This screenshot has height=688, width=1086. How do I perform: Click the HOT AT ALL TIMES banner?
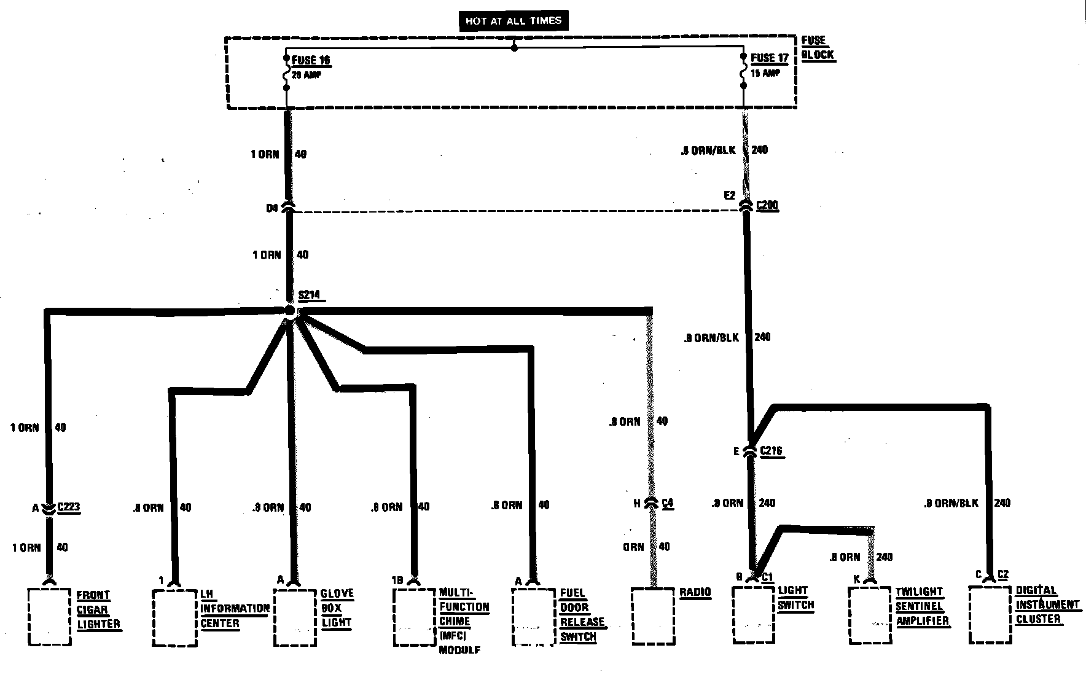tap(513, 21)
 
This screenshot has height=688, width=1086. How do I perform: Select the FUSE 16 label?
tap(311, 60)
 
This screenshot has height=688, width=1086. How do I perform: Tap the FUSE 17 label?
tap(769, 58)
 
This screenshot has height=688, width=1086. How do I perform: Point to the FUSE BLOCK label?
tap(818, 48)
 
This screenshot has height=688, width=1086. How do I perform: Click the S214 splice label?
tap(309, 295)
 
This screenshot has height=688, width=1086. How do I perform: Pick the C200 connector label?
tap(767, 205)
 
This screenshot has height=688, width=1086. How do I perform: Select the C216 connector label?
tap(771, 451)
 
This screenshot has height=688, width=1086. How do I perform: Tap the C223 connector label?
tap(68, 507)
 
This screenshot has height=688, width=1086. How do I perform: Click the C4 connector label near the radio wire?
tap(668, 503)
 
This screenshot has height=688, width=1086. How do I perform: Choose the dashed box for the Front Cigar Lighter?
tap(49, 616)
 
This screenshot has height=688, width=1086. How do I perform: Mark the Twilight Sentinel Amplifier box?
tap(870, 616)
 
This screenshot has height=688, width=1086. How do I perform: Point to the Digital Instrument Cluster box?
tap(990, 614)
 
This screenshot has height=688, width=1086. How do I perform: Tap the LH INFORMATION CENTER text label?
tap(234, 609)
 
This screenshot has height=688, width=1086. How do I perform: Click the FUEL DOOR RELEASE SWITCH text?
tap(581, 615)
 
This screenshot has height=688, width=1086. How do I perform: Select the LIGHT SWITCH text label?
tap(795, 598)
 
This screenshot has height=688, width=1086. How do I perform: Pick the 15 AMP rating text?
tap(765, 73)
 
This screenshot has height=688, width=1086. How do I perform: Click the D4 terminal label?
tap(272, 208)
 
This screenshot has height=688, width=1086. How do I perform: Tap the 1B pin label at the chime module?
tap(398, 579)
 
